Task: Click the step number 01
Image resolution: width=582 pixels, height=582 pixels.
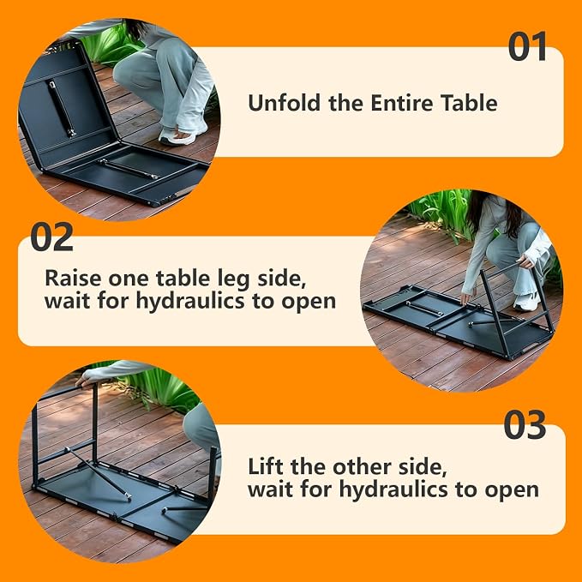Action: pos(527,46)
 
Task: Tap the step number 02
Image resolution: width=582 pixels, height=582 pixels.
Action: pos(52,237)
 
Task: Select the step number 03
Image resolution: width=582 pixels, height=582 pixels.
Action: pos(525,424)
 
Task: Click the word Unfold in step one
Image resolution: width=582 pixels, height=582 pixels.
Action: pos(285,103)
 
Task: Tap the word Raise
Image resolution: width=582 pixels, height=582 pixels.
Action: pos(73,278)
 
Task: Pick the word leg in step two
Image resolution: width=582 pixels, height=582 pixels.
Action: pos(233,279)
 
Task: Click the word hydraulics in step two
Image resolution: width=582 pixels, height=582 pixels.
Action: pos(190,302)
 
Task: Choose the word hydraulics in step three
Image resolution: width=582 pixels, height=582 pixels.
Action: pos(393,490)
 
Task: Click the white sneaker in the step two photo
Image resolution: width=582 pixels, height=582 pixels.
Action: pos(526,302)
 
